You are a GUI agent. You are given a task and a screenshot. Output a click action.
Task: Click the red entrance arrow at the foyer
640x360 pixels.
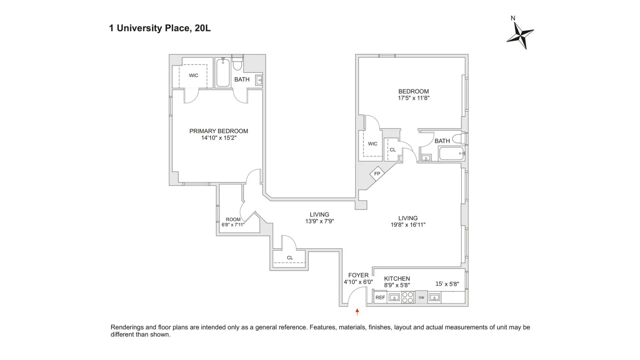click(357, 312)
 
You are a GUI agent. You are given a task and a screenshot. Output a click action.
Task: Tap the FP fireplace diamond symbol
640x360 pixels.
click(377, 174)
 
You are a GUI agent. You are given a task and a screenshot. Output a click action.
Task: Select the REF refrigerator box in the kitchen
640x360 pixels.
click(380, 297)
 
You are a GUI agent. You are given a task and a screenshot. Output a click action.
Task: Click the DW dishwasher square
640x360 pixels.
click(421, 297)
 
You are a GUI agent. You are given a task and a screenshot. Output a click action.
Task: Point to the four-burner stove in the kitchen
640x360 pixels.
click(408, 297)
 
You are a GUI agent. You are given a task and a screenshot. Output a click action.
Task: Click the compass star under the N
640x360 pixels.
click(520, 35)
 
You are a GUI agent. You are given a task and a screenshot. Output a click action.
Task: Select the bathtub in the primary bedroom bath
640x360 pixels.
click(222, 73)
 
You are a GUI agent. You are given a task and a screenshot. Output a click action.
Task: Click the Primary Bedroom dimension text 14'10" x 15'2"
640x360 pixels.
click(219, 138)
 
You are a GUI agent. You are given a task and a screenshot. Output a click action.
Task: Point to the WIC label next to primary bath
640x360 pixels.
click(193, 76)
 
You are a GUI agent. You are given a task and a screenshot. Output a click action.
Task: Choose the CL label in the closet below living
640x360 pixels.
click(290, 258)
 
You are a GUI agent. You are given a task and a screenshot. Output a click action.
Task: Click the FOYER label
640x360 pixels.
click(358, 275)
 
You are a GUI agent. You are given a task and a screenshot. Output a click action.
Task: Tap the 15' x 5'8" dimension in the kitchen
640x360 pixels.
click(447, 284)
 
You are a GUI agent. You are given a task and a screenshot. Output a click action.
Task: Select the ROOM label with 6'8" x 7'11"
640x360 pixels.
click(233, 219)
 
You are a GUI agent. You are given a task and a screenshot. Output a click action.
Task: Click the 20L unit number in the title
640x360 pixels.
click(203, 28)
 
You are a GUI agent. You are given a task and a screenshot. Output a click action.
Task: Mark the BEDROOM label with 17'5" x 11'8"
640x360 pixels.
click(413, 91)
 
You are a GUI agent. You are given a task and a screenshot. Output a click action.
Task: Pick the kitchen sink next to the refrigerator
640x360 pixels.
click(394, 297)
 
